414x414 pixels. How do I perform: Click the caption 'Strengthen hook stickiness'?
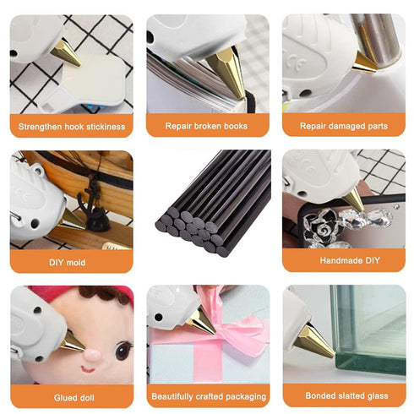(71, 127)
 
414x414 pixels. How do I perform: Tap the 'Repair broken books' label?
(207, 127)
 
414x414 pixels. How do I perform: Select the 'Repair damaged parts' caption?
(343, 127)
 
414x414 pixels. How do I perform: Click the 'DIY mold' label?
(71, 262)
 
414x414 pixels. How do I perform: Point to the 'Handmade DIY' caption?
(343, 262)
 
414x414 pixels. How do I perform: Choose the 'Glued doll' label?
(71, 395)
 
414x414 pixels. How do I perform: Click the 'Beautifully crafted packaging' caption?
(207, 395)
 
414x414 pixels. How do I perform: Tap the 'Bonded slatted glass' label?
(343, 395)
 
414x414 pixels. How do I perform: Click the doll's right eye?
(122, 349)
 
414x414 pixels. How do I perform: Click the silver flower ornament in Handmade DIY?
(323, 223)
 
